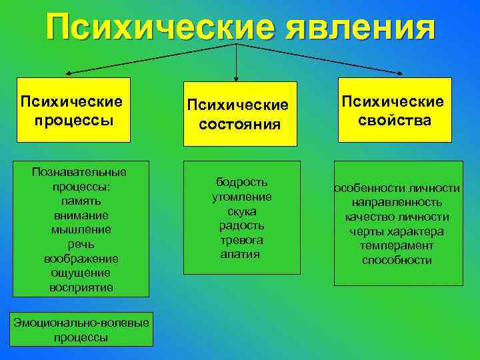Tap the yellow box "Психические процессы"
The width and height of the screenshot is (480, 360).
tap(73, 110)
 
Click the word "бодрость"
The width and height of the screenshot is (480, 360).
tap(241, 182)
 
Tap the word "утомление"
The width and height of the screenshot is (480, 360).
tap(241, 197)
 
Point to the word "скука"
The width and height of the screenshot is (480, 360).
tap(241, 211)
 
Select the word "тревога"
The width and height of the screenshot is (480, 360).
tap(241, 240)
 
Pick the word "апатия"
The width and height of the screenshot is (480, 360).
tap(240, 254)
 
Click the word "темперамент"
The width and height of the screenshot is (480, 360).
tap(397, 245)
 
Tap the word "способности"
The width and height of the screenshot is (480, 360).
tap(397, 260)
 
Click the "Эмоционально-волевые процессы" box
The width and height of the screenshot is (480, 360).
tap(81, 330)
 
